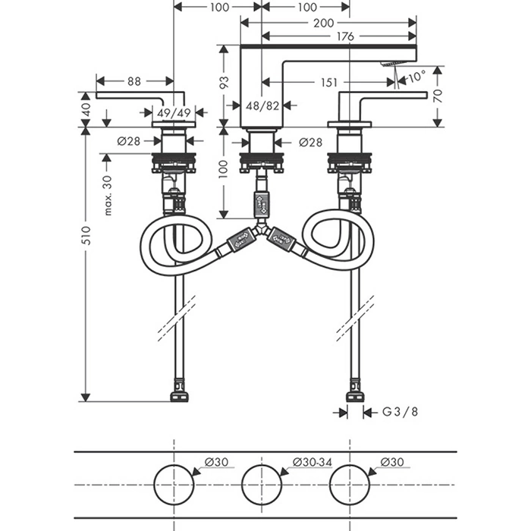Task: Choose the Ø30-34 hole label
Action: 312,462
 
